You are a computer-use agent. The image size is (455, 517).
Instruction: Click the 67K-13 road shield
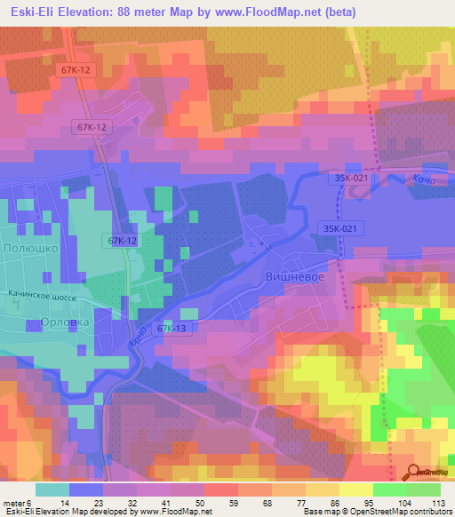point(172,329)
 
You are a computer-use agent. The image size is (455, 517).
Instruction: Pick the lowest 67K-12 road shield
point(123,241)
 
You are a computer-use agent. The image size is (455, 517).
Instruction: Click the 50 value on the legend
point(204,502)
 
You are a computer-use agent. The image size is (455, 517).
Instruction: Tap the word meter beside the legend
point(16,502)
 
